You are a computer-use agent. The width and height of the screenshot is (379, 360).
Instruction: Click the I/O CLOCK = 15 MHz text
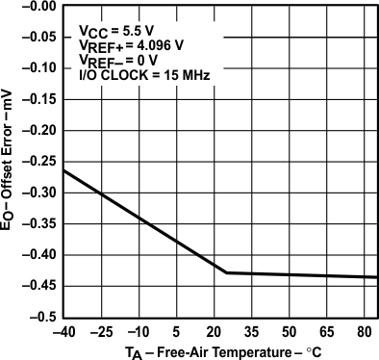click(139, 73)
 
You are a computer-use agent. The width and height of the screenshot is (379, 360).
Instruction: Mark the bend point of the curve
click(226, 272)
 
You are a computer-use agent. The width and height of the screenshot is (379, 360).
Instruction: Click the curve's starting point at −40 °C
click(63, 170)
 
